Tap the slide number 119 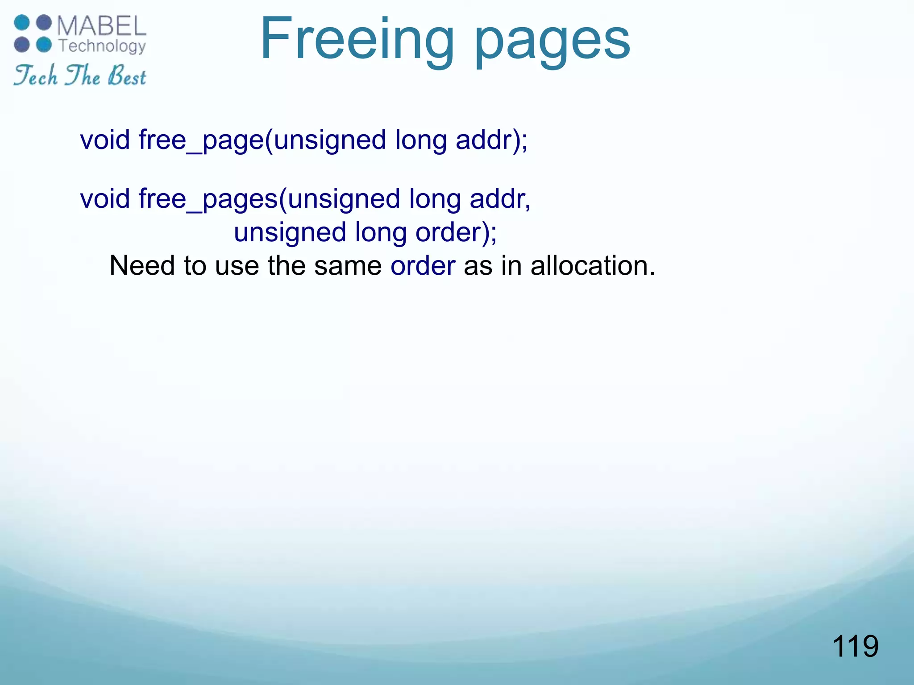pyautogui.click(x=855, y=646)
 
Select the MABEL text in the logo pyautogui.click(x=102, y=26)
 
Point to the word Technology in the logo pyautogui.click(x=102, y=46)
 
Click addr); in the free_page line pyautogui.click(x=491, y=140)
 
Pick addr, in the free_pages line pyautogui.click(x=500, y=198)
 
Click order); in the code pyautogui.click(x=456, y=232)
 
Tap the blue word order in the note pyautogui.click(x=423, y=266)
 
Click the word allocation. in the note pyautogui.click(x=593, y=266)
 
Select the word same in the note pyautogui.click(x=348, y=266)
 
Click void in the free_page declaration pyautogui.click(x=105, y=140)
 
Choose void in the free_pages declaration pyautogui.click(x=105, y=198)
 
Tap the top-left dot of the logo pyautogui.click(x=21, y=23)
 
